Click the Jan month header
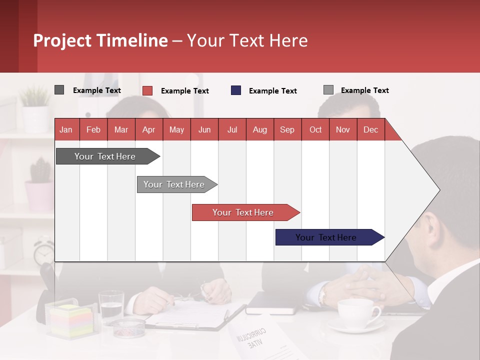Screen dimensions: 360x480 66,129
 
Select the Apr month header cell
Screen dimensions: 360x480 148,129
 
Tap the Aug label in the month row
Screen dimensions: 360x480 259,129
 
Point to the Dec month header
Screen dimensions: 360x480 370,129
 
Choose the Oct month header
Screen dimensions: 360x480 315,129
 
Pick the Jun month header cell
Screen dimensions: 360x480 204,129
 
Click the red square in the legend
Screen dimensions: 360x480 147,90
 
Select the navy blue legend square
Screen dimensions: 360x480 236,90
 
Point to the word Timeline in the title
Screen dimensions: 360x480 136,40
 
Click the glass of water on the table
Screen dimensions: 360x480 111,306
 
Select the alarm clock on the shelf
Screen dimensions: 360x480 44,251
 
